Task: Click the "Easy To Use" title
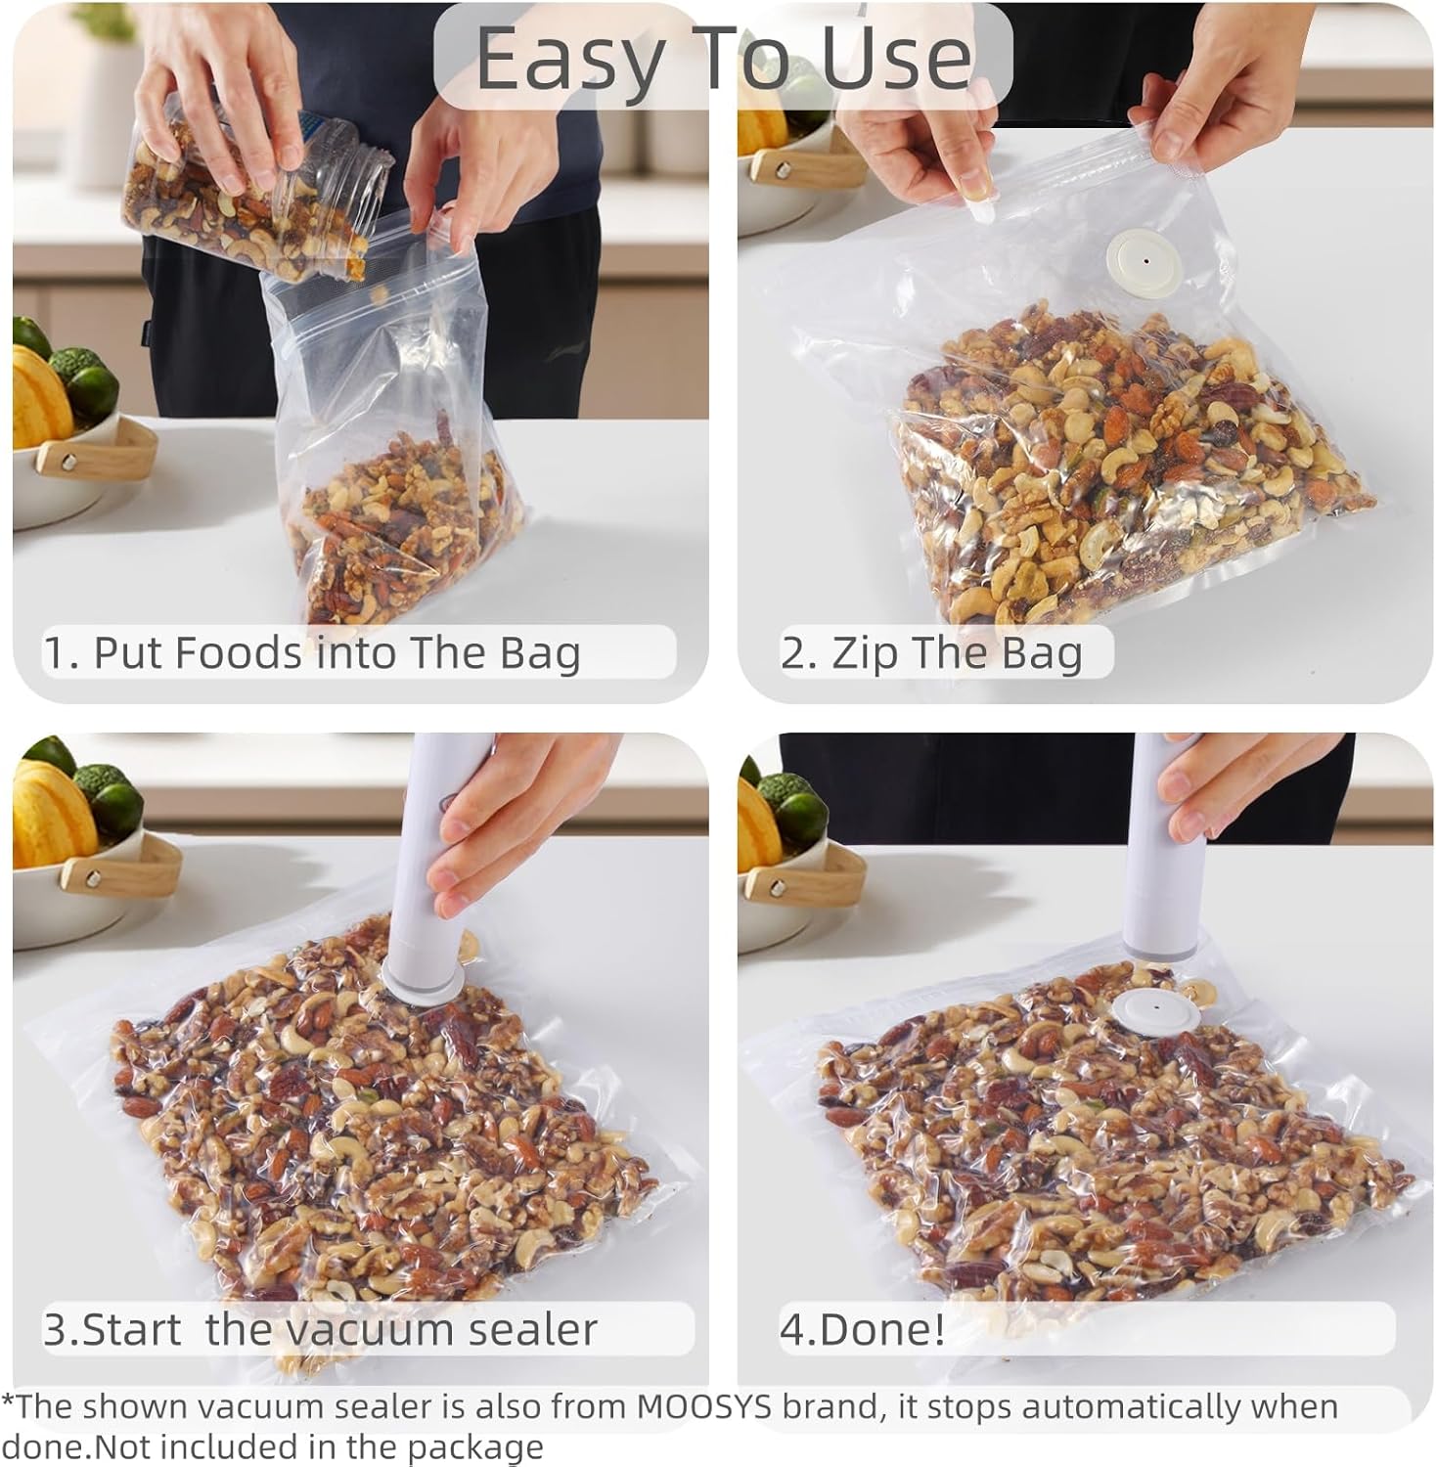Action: coord(723,59)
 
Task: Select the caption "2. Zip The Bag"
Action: coord(931,652)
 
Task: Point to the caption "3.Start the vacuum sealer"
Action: coord(320,1329)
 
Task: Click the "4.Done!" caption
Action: coord(862,1329)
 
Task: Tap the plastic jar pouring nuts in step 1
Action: coord(254,191)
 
